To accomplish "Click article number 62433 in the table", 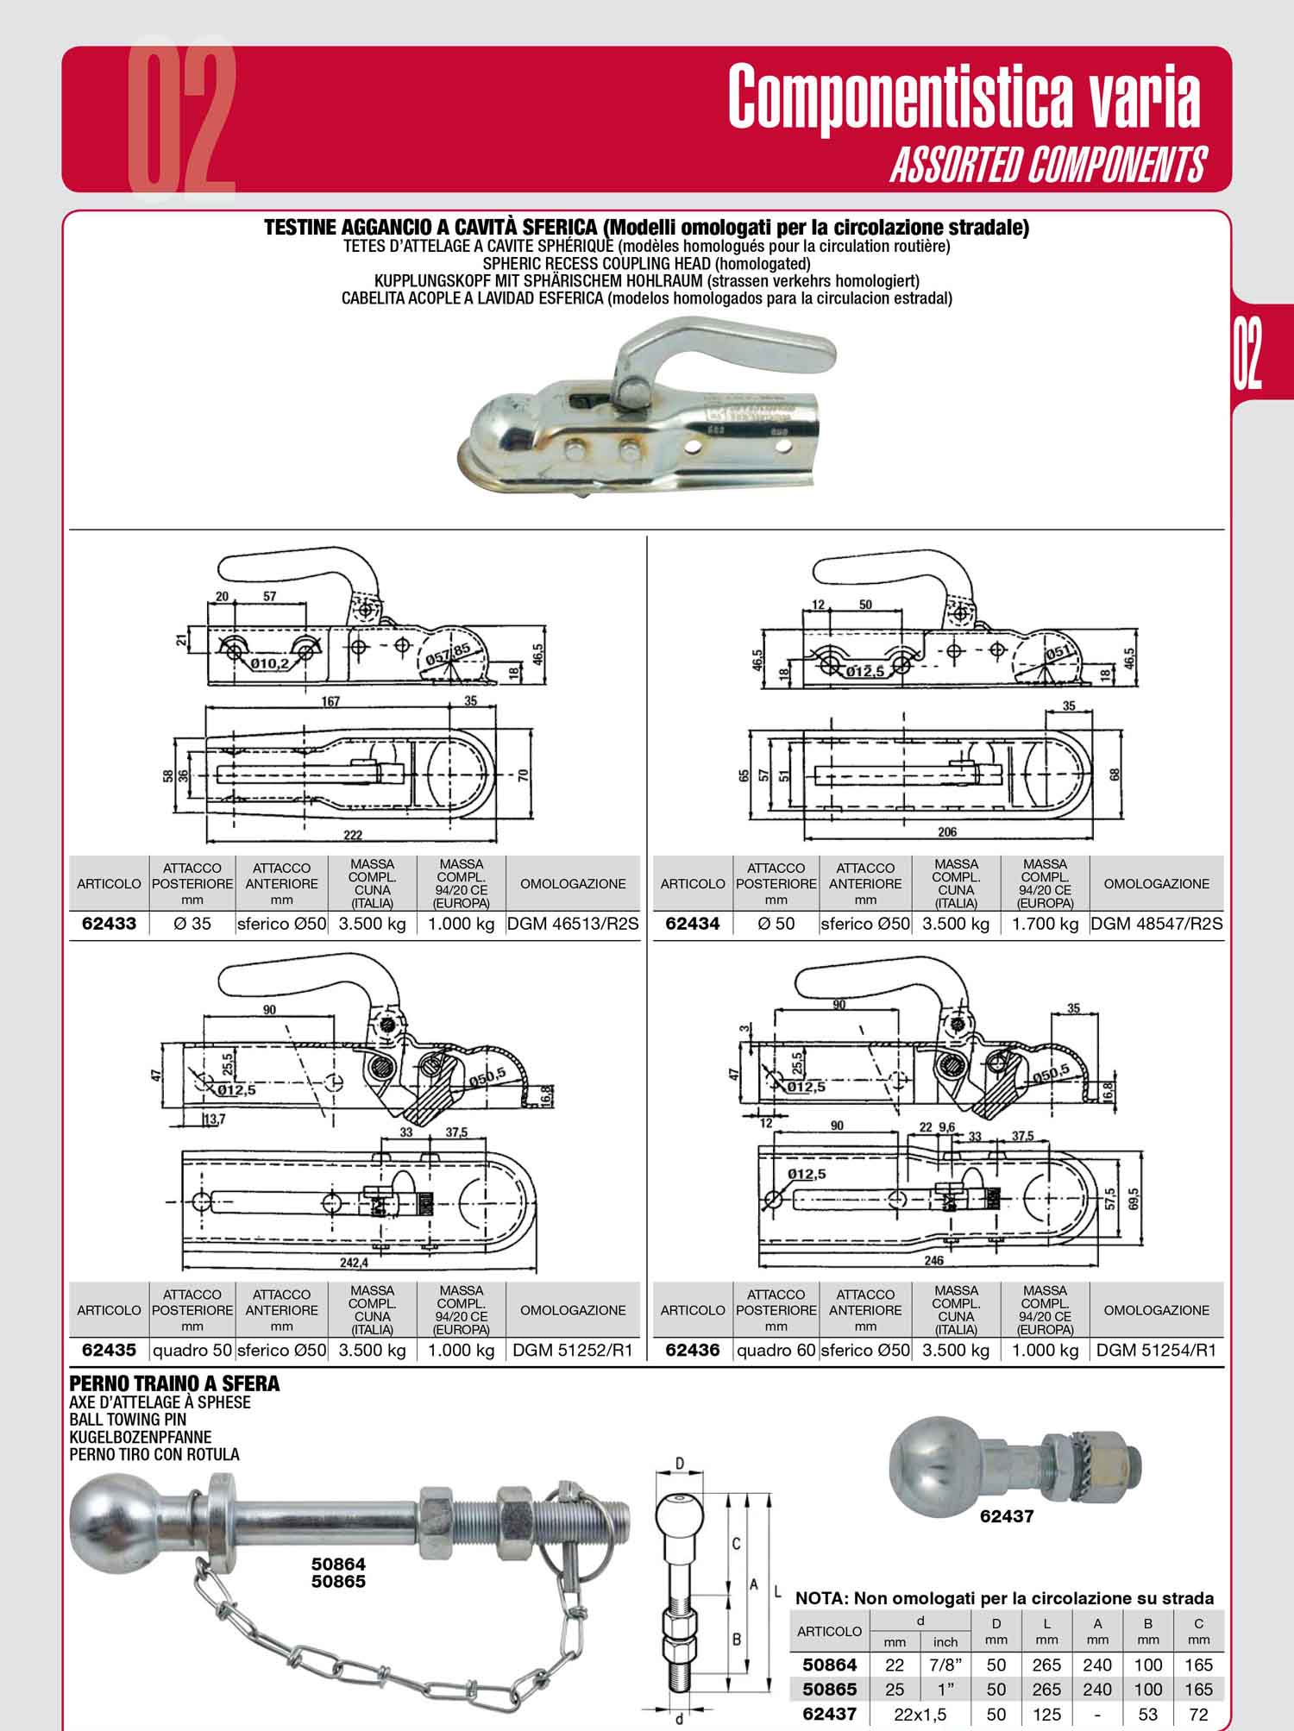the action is click(x=109, y=924).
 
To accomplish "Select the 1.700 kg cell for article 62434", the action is click(x=1045, y=924).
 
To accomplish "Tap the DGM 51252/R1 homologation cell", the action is click(x=573, y=1350).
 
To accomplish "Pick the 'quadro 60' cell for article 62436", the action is click(x=776, y=1350).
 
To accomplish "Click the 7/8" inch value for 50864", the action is click(x=945, y=1665).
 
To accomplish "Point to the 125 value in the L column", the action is click(x=1046, y=1714).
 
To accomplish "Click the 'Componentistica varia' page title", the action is click(x=964, y=97).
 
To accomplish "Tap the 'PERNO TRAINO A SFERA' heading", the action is click(x=174, y=1383).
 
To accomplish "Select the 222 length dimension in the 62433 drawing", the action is click(x=352, y=834).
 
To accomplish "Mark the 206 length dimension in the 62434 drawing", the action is click(x=947, y=832).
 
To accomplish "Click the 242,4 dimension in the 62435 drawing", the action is click(x=355, y=1262).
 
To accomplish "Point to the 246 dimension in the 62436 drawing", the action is click(x=933, y=1260).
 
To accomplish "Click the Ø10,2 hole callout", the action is click(x=271, y=664).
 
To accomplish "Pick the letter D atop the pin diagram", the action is click(x=680, y=1464).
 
